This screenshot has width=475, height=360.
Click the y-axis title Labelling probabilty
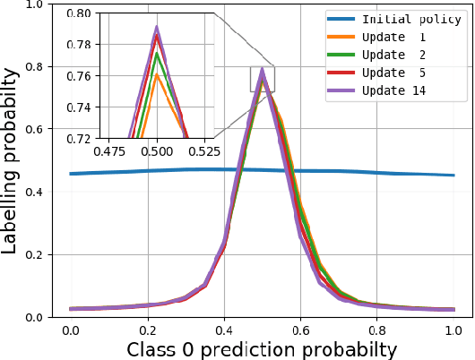tap(12, 160)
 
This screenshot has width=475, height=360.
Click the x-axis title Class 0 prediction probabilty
tap(262, 348)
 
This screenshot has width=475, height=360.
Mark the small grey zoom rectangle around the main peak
tap(262, 79)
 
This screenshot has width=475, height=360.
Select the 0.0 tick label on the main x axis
tap(70, 330)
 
